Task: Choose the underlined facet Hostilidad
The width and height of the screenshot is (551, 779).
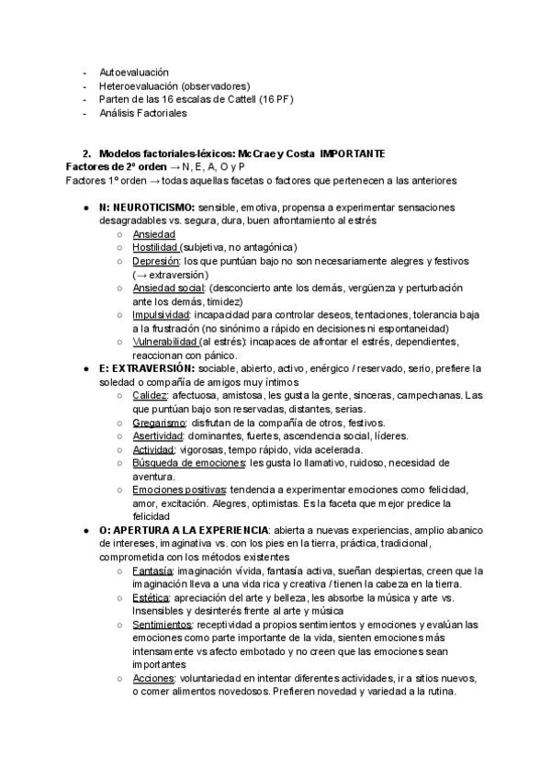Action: tap(155, 247)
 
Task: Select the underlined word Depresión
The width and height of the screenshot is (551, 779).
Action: tap(154, 261)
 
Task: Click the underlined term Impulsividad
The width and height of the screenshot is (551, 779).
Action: tap(162, 314)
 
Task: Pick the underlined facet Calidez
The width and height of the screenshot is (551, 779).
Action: tap(150, 395)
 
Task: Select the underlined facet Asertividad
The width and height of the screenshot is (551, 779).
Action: tap(158, 435)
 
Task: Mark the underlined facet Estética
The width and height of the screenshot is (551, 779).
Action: tap(150, 597)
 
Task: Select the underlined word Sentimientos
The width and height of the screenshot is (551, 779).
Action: tap(163, 625)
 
